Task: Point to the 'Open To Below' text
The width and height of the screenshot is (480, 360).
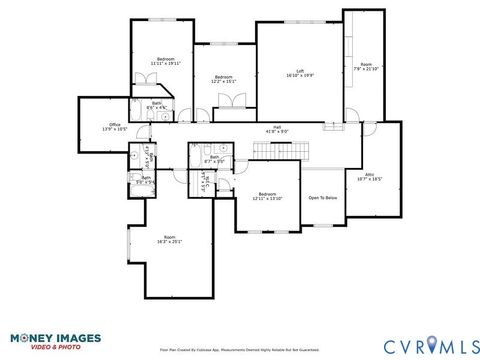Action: pyautogui.click(x=322, y=198)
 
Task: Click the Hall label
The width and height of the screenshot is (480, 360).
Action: pyautogui.click(x=277, y=126)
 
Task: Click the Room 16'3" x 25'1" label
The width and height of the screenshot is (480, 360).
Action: pyautogui.click(x=170, y=238)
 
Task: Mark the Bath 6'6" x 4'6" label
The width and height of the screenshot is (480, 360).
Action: pyautogui.click(x=157, y=105)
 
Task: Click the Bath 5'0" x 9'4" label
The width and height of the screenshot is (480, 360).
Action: pyautogui.click(x=145, y=180)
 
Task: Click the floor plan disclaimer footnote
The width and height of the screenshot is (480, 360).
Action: pyautogui.click(x=240, y=351)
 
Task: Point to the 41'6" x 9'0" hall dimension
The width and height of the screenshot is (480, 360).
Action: pyautogui.click(x=277, y=131)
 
